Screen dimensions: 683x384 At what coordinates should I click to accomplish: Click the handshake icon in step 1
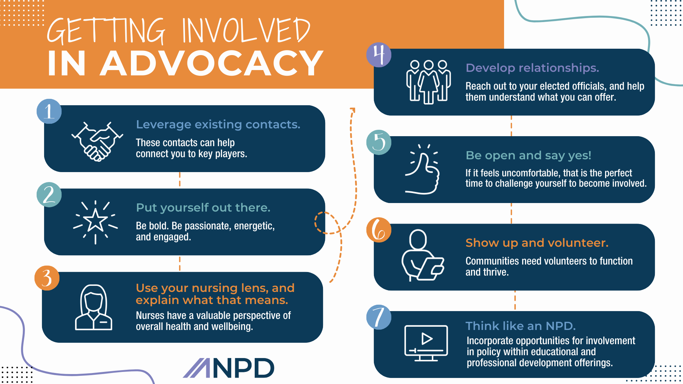click(97, 142)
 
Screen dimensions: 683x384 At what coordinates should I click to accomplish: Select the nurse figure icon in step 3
click(94, 308)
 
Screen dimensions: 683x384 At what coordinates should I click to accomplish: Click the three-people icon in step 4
click(429, 82)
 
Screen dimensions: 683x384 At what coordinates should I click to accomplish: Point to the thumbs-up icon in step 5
click(422, 169)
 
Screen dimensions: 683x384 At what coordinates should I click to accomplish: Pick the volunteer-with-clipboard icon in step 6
click(423, 255)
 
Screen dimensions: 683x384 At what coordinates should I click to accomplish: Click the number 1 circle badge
click(49, 111)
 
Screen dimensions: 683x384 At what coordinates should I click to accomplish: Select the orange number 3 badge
click(47, 278)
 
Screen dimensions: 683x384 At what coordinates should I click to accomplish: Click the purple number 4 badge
click(379, 55)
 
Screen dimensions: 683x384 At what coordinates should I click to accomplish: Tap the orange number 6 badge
click(379, 230)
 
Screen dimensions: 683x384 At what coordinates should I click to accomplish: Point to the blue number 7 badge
click(379, 317)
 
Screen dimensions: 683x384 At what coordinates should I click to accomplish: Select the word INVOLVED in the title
click(246, 31)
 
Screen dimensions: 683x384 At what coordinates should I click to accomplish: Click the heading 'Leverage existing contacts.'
click(218, 124)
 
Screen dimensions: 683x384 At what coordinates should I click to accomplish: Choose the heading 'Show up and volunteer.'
click(537, 243)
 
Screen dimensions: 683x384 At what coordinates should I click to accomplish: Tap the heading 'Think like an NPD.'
click(520, 326)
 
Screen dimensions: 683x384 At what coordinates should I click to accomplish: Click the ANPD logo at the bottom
click(228, 368)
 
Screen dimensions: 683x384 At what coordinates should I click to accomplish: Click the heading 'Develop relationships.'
click(532, 68)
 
